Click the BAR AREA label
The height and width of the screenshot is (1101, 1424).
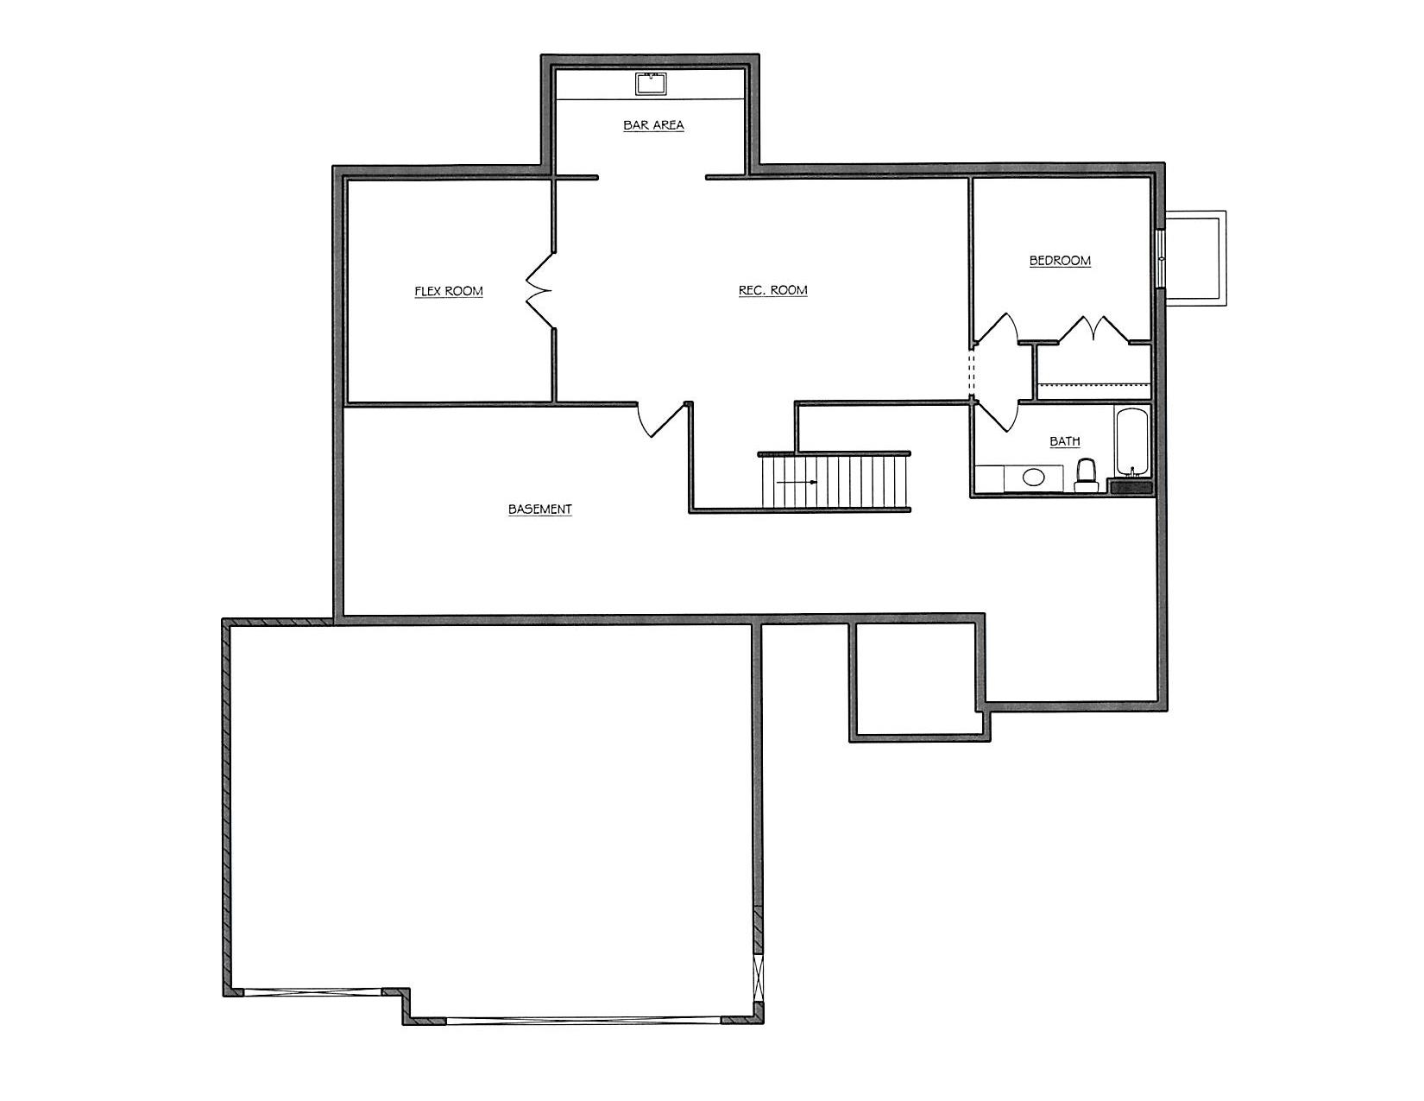[653, 124]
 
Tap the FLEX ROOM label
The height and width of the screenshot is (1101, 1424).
[449, 291]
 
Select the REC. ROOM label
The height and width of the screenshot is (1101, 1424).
[772, 290]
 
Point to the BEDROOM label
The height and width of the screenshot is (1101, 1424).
[1060, 260]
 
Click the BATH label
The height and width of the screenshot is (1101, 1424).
[1065, 441]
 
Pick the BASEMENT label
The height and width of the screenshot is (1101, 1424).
[540, 509]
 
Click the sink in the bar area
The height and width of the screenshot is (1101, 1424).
[651, 84]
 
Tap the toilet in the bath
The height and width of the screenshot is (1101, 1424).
[1086, 476]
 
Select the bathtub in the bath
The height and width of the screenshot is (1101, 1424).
[1131, 443]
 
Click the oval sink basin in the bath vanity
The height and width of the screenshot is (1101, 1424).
[1033, 478]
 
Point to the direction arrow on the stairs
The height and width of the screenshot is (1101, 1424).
[797, 482]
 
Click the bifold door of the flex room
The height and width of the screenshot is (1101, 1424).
[539, 290]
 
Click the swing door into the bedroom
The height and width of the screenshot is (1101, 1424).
[996, 329]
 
